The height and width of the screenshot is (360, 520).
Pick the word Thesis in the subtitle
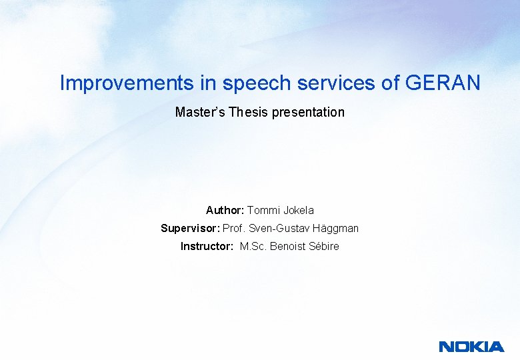tap(246, 112)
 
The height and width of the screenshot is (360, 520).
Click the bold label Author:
tap(225, 211)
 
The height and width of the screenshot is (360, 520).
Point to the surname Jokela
tap(299, 211)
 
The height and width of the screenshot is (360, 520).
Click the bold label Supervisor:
tap(190, 229)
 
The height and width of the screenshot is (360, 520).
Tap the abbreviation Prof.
tap(234, 229)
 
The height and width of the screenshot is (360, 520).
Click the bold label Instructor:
tap(207, 247)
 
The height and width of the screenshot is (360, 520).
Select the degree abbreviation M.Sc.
tap(254, 247)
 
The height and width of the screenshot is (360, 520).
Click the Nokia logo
tap(471, 346)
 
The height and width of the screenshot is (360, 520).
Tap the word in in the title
tap(210, 83)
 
